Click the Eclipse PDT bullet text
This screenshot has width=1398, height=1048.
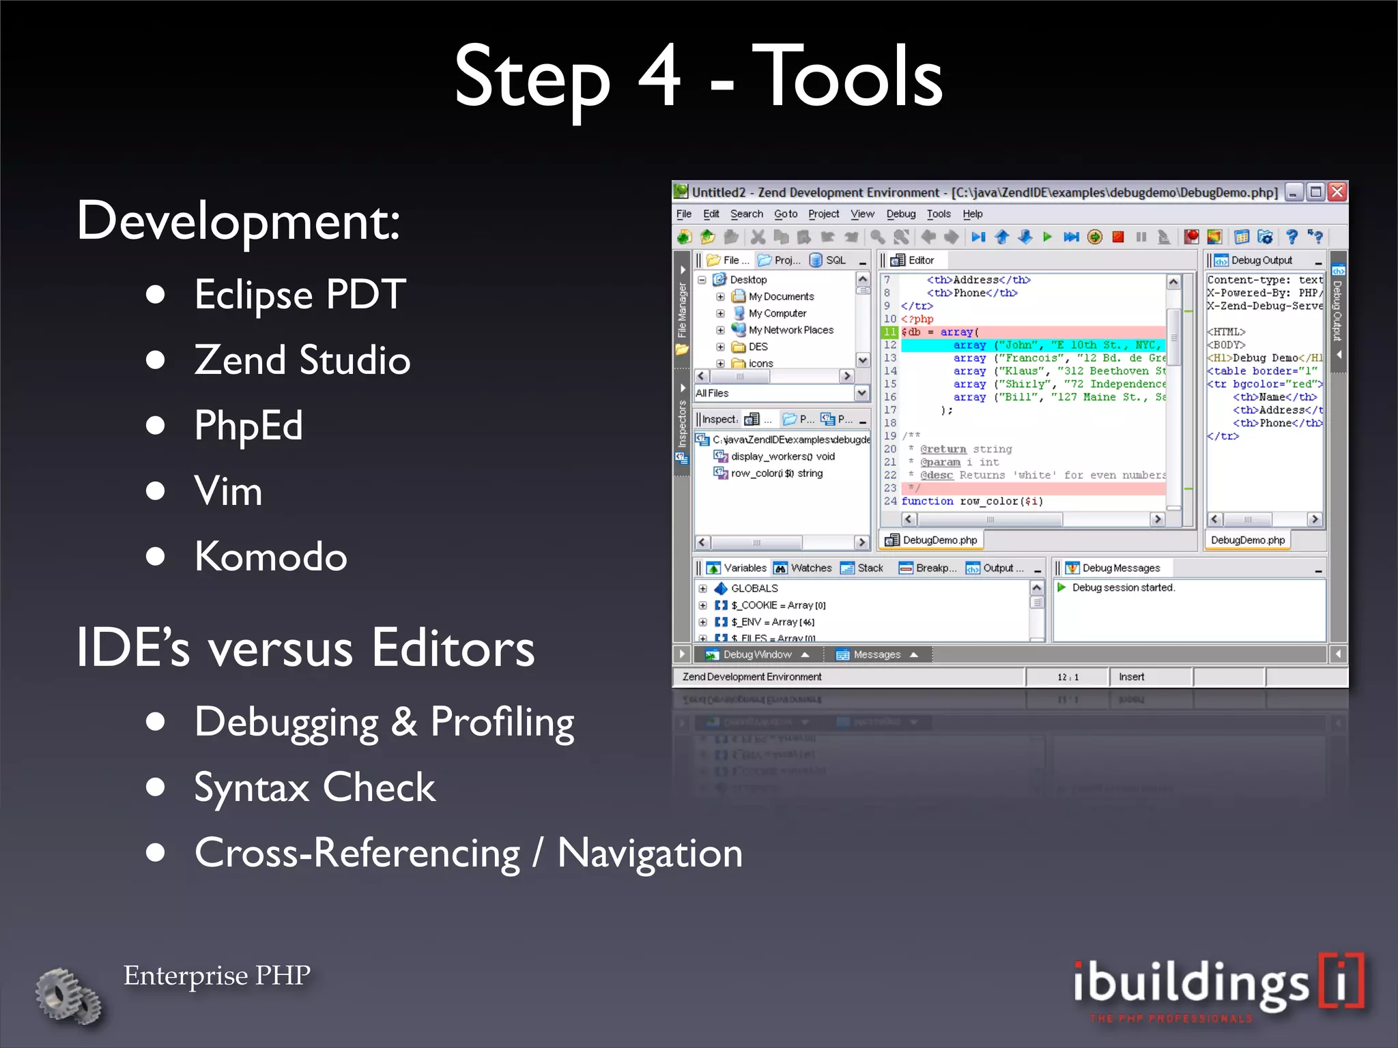tap(300, 294)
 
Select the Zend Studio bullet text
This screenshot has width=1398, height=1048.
tap(302, 360)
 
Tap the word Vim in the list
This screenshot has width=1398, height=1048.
tap(228, 491)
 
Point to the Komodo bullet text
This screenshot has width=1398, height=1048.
tap(270, 556)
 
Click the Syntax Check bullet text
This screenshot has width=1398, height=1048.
tap(315, 787)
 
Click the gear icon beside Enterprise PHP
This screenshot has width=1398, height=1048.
tap(68, 995)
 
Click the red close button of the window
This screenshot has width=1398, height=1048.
tap(1337, 192)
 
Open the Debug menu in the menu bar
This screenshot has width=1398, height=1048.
tap(900, 214)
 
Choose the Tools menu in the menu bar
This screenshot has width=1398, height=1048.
tap(939, 214)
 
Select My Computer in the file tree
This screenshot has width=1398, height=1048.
tap(777, 313)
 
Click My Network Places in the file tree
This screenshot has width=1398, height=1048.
tap(790, 330)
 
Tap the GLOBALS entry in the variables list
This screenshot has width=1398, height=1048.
tap(754, 588)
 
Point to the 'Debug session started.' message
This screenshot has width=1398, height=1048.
tap(1123, 587)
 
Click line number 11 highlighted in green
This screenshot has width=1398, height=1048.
tap(889, 332)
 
